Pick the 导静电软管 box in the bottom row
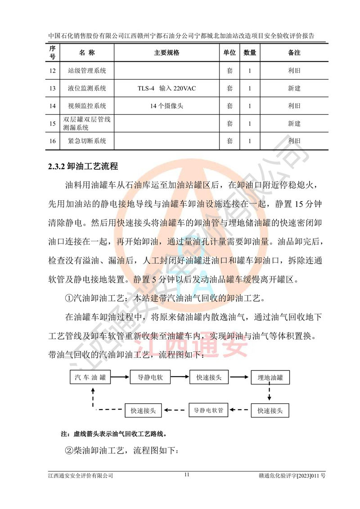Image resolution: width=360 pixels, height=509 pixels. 208,410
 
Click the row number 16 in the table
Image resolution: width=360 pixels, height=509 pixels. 53,141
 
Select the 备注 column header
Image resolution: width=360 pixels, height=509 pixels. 294,53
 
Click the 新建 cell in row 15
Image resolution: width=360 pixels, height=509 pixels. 294,123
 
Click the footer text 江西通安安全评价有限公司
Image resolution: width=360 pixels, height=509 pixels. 81,475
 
